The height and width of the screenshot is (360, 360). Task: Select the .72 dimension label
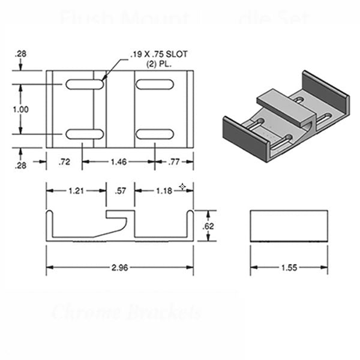(64, 161)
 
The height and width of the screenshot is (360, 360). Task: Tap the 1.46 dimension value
(118, 161)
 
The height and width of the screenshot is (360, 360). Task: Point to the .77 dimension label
(174, 161)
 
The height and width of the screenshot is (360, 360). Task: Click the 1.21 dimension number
(76, 191)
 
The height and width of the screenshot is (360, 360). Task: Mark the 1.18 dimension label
(163, 191)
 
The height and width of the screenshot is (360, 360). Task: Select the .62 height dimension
(209, 226)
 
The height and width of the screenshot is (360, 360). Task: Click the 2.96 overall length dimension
(119, 268)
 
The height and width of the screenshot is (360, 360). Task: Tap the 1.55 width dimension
(289, 268)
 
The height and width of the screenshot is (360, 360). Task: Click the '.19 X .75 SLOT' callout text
(158, 54)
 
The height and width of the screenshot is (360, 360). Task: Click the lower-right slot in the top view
(154, 134)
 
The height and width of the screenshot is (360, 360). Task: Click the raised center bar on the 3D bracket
(285, 103)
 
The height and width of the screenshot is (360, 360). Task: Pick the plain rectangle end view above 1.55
(289, 226)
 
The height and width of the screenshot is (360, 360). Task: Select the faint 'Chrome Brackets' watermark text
(126, 313)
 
